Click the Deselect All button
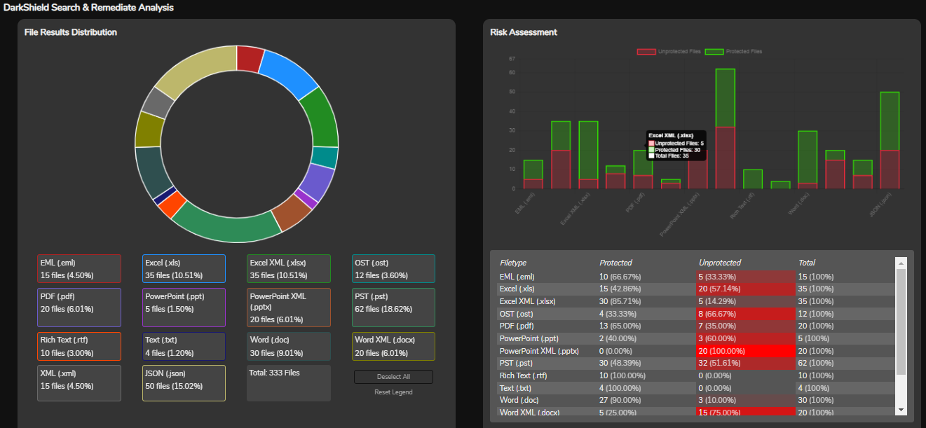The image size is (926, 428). (393, 377)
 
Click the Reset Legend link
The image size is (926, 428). (393, 392)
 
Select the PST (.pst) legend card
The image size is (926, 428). (393, 307)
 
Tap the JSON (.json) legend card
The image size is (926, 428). (184, 382)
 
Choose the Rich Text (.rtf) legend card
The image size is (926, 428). (79, 346)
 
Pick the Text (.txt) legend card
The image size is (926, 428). (184, 346)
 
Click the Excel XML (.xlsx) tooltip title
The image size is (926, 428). (671, 135)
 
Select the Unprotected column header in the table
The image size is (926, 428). (720, 263)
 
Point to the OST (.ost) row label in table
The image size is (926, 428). (516, 314)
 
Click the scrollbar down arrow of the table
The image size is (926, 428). (901, 409)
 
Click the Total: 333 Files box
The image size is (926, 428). (288, 382)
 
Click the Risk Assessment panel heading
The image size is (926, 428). (524, 32)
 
